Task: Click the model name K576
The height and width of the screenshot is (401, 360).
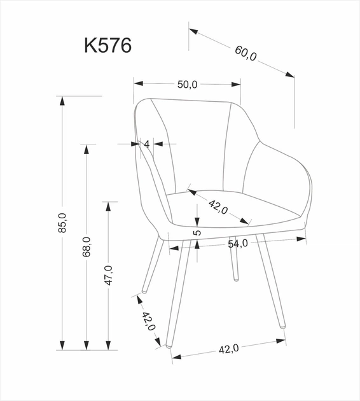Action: pos(107,46)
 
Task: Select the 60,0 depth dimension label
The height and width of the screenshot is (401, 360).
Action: pos(245,54)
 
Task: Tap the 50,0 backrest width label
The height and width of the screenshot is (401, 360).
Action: pos(187,84)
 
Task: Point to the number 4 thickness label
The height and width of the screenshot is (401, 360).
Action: pos(147,144)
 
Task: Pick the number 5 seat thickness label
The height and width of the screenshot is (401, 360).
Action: pos(198,233)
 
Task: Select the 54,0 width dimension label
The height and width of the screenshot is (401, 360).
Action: pos(238,244)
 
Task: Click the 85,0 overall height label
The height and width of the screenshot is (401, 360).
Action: pos(62,223)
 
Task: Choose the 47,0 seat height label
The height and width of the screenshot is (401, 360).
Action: pos(109,275)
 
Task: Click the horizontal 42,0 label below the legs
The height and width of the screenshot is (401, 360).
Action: pos(228,348)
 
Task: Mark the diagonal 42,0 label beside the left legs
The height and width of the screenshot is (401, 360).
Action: pos(149,321)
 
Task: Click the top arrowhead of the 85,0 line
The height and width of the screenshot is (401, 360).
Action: pos(62,100)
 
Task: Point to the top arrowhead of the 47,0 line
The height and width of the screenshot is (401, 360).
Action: pos(109,206)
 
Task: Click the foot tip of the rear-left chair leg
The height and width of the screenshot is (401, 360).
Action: pos(144,291)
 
